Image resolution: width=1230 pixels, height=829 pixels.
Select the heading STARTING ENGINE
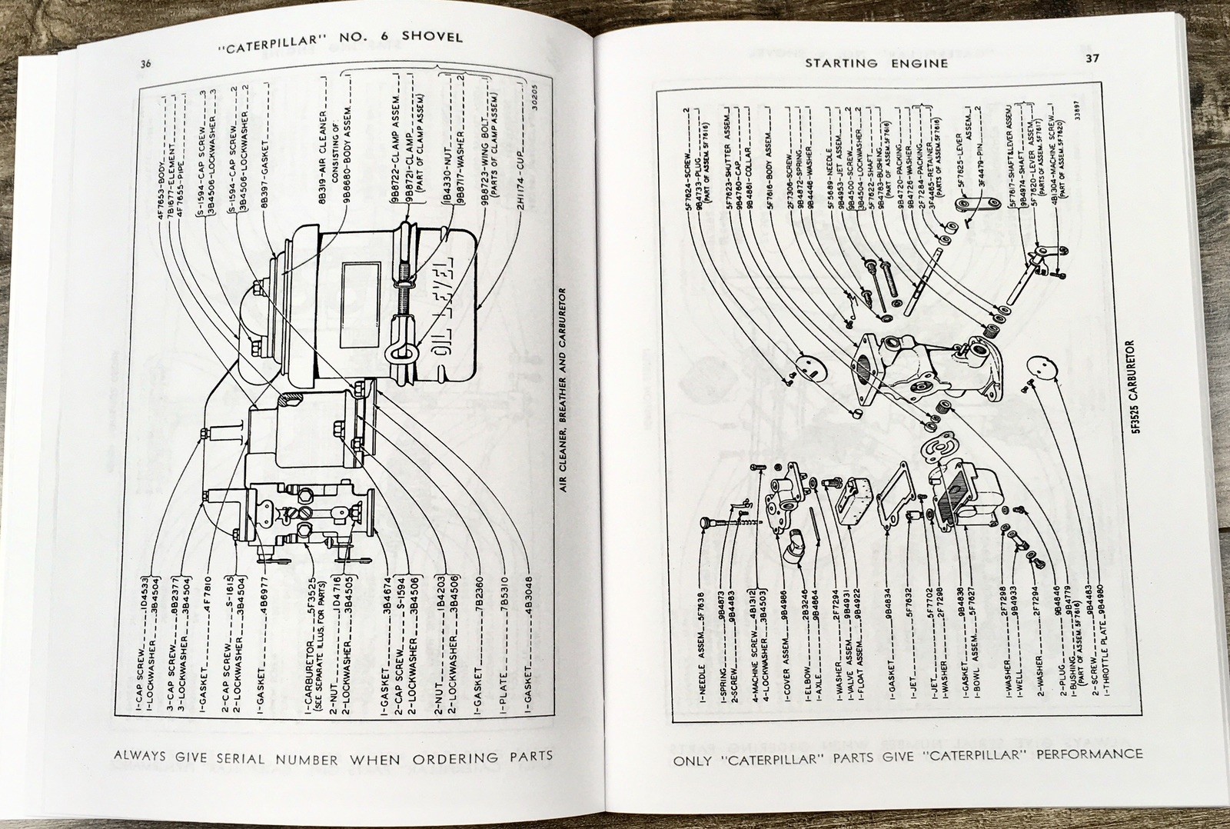[876, 63]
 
